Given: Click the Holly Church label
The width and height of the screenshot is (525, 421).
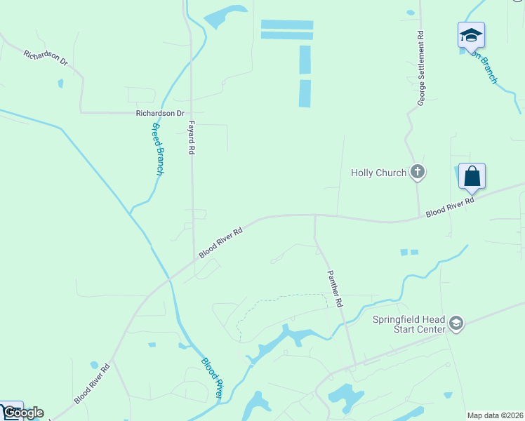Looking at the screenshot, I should (x=378, y=173).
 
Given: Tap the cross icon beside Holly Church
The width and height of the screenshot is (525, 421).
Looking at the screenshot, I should (x=418, y=171).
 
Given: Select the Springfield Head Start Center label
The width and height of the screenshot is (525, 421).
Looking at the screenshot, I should (x=409, y=323).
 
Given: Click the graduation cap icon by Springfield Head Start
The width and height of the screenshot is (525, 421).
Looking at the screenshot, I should (x=456, y=323).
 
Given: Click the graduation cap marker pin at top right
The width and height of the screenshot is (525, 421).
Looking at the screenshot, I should (x=471, y=35).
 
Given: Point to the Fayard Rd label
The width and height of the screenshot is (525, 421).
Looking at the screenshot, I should (x=190, y=137).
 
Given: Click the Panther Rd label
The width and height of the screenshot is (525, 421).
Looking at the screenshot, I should (x=333, y=288).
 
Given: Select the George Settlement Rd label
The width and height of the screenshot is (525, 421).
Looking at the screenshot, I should (x=421, y=68).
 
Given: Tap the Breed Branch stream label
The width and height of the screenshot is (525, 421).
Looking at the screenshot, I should (x=158, y=149).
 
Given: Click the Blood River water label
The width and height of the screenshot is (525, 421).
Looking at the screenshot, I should (x=212, y=379).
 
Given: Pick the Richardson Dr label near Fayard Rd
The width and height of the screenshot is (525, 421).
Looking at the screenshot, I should (x=160, y=112).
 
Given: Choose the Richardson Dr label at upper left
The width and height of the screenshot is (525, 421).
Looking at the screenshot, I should (x=45, y=58).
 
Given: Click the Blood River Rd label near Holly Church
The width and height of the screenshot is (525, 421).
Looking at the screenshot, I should (x=450, y=206).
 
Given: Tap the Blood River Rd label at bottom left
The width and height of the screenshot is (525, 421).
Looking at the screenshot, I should (x=91, y=383).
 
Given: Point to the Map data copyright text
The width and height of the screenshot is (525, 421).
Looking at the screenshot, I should (x=496, y=415).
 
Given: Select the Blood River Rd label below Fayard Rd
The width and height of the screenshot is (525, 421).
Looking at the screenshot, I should (x=220, y=241).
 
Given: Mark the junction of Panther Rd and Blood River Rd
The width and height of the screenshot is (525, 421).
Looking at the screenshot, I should (x=314, y=216).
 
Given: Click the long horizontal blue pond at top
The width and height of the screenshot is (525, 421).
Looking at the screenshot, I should (x=286, y=25).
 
